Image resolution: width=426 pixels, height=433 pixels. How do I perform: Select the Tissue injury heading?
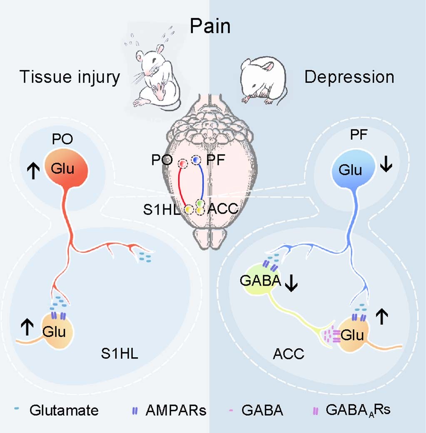(x=70, y=77)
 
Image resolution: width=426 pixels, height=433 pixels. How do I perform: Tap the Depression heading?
(x=349, y=77)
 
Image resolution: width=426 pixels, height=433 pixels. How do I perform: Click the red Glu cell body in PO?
(x=66, y=169)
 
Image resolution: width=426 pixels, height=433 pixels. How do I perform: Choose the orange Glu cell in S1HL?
(x=57, y=332)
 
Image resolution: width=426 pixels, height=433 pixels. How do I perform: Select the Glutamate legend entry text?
(x=64, y=411)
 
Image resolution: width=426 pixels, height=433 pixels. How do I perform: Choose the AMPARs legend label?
(x=175, y=411)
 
